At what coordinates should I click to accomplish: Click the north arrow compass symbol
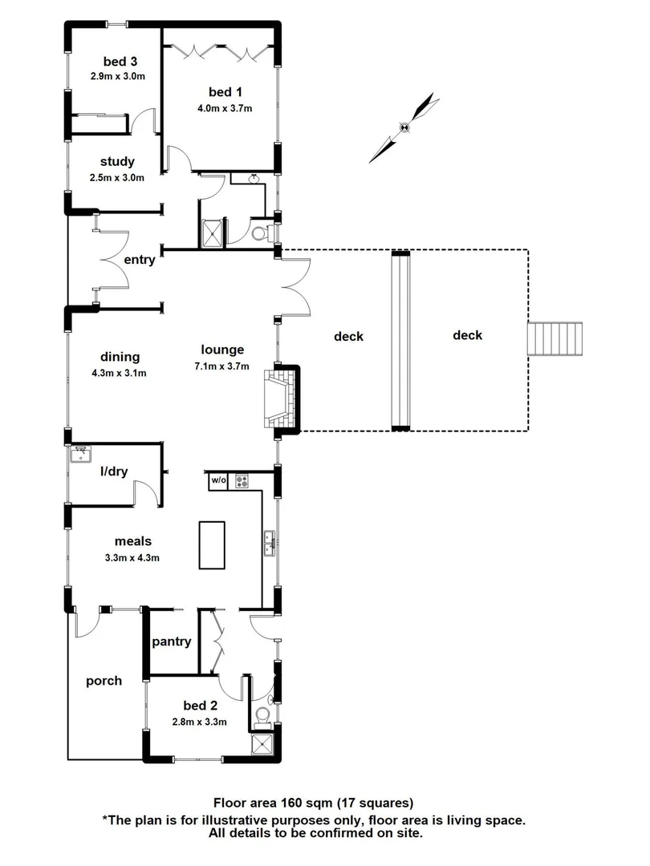pos(406,127)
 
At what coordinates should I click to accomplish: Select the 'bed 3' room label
pos(119,63)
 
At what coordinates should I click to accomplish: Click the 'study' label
pos(117,161)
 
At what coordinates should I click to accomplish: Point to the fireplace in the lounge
pos(282,399)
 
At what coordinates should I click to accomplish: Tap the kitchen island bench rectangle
pos(212,544)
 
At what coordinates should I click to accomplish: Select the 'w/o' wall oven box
pos(218,481)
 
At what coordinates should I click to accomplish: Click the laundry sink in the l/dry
pos(80,455)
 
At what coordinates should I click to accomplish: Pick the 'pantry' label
pos(172,641)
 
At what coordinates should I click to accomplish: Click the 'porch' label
pos(104,681)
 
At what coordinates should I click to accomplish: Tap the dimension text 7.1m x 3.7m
pos(223,366)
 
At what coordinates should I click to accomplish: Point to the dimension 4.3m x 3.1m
pos(120,373)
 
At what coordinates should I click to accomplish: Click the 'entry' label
pos(140,259)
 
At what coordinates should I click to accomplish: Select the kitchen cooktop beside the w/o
pos(242,481)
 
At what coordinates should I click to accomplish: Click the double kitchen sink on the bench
pos(270,543)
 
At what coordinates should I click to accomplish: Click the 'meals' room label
pos(132,541)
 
